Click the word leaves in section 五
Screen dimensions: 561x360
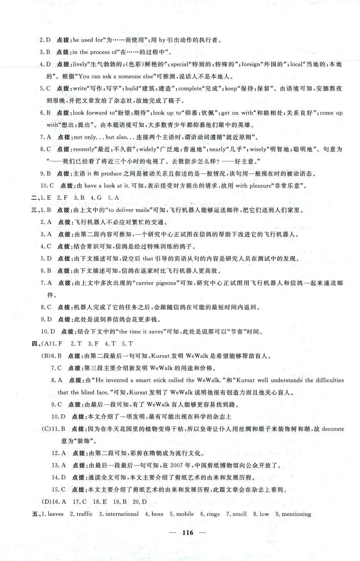click(x=55, y=514)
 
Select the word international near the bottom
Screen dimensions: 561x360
click(x=122, y=514)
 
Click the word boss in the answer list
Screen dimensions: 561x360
click(x=158, y=514)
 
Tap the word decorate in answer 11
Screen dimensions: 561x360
click(x=333, y=429)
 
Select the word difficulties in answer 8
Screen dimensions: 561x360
click(x=330, y=380)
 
